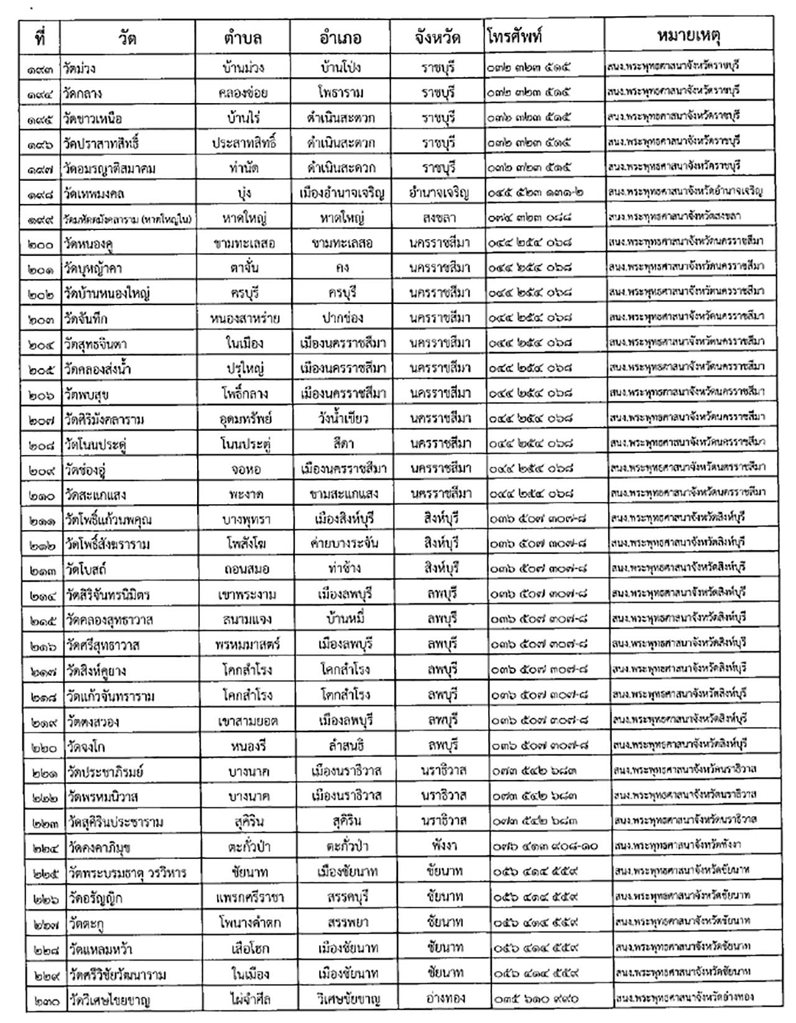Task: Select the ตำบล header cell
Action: (x=243, y=37)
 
